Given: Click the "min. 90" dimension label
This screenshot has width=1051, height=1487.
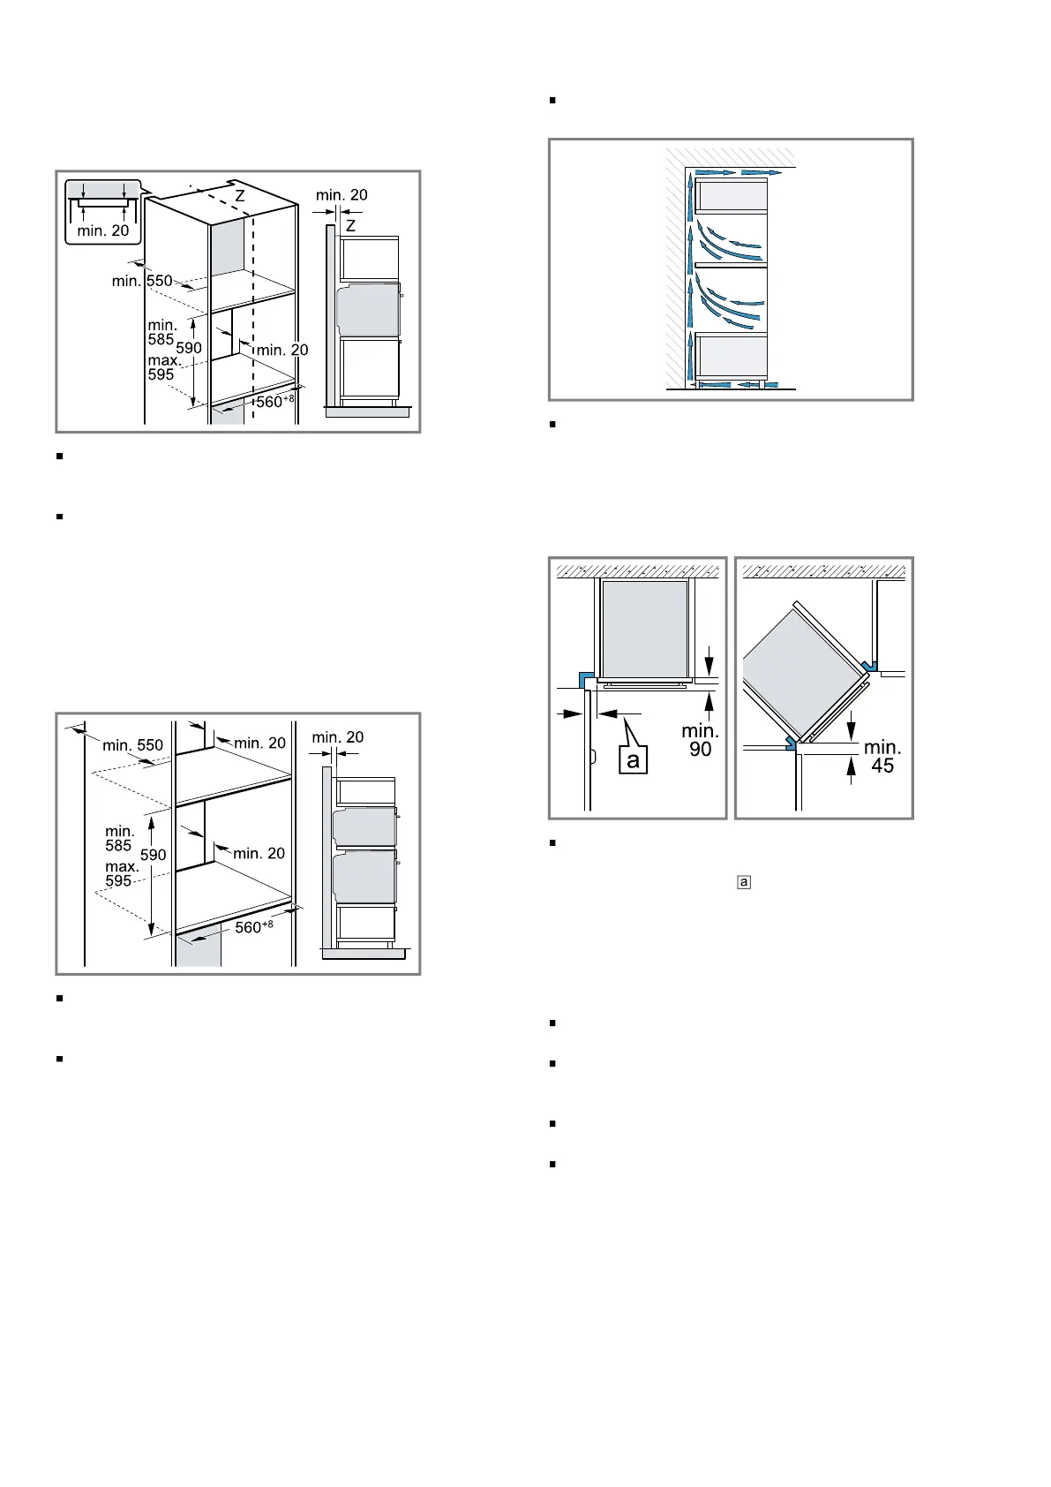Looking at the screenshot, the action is click(700, 739).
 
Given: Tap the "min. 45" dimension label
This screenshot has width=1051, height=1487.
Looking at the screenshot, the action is click(882, 756).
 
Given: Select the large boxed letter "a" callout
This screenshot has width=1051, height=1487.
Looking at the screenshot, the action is click(633, 759).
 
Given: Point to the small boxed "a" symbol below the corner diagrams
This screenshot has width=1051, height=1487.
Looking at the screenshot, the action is click(744, 882).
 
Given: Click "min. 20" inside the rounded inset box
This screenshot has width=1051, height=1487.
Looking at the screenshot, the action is click(103, 231).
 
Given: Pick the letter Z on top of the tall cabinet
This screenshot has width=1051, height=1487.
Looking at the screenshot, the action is click(240, 197).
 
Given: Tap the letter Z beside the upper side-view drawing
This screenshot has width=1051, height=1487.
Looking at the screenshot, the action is click(351, 226).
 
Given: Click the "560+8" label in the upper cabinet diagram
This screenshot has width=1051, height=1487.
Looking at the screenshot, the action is click(274, 401).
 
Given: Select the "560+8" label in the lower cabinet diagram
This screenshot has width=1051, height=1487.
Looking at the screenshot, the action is click(253, 926).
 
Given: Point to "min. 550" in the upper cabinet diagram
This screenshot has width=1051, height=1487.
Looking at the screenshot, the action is click(142, 281).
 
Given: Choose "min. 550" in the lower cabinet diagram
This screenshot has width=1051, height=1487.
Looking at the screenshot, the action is click(132, 745).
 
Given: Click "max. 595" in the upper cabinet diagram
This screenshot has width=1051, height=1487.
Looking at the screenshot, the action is click(162, 367).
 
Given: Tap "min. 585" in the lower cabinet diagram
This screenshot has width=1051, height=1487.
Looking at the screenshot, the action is click(119, 839).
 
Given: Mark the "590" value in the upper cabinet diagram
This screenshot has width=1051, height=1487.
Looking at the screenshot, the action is click(189, 348).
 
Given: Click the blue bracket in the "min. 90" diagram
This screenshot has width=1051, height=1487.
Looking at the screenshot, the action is click(586, 679).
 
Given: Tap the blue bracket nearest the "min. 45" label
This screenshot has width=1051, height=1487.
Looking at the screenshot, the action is click(791, 743).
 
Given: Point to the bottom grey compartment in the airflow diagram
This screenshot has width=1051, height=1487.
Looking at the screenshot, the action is click(732, 357).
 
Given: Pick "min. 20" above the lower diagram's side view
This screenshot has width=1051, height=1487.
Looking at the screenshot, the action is click(338, 736).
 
